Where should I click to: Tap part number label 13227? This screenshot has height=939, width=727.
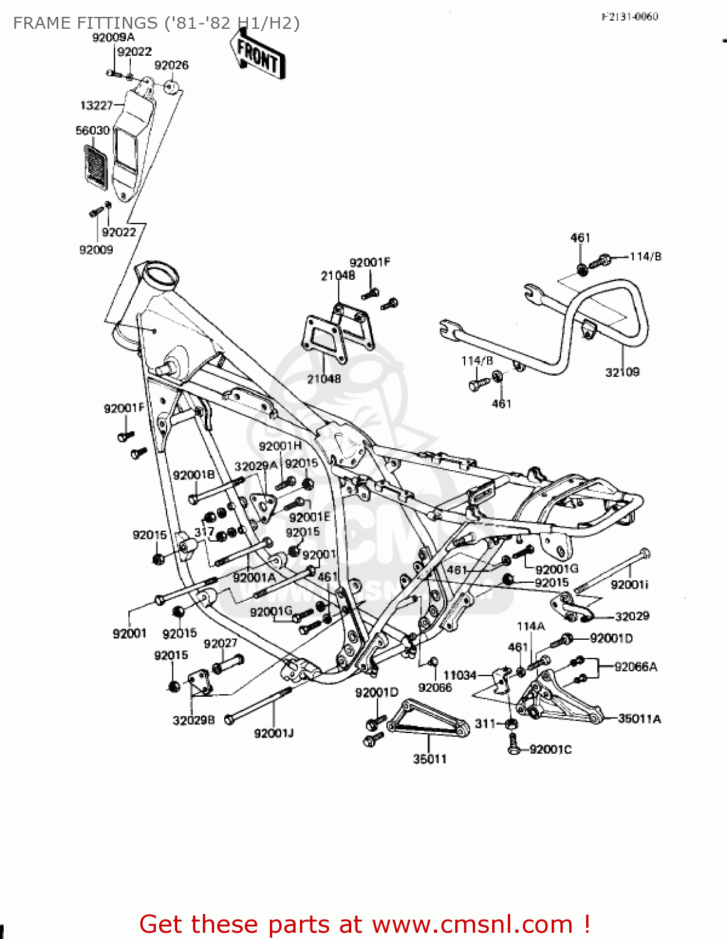pos(96,106)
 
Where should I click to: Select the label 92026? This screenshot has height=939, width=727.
pos(171,66)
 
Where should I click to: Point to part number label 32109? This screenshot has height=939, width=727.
pos(622,372)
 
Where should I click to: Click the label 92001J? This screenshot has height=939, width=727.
pos(274,733)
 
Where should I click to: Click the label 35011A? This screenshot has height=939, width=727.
pos(639,719)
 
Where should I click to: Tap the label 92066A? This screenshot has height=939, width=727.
pos(636,667)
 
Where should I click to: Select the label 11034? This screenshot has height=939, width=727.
pos(460,675)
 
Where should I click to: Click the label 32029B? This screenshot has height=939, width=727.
pos(193,721)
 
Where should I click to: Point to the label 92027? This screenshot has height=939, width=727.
pos(220,644)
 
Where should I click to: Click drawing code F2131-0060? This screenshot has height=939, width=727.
pos(629,17)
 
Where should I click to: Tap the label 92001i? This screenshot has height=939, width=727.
pos(629,585)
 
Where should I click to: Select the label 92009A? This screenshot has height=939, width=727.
pos(113,38)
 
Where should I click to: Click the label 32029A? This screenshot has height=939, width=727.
pos(255,466)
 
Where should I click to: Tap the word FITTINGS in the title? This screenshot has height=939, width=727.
pos(116,23)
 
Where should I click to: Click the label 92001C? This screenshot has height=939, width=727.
pos(550,749)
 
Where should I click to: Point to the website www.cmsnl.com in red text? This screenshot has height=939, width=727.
pos(473,924)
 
